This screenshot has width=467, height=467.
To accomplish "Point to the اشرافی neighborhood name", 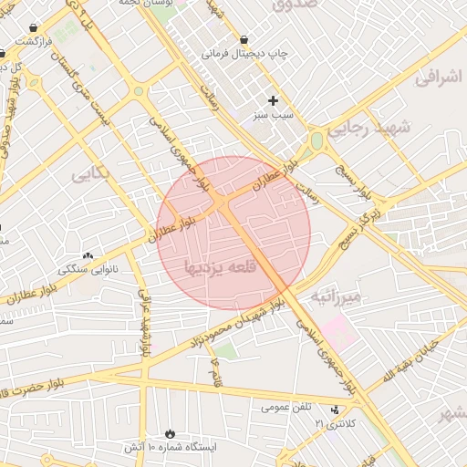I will [x=441, y=79].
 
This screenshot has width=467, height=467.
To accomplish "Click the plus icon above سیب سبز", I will [x=272, y=100].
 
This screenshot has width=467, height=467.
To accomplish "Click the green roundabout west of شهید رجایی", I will [x=317, y=141].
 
